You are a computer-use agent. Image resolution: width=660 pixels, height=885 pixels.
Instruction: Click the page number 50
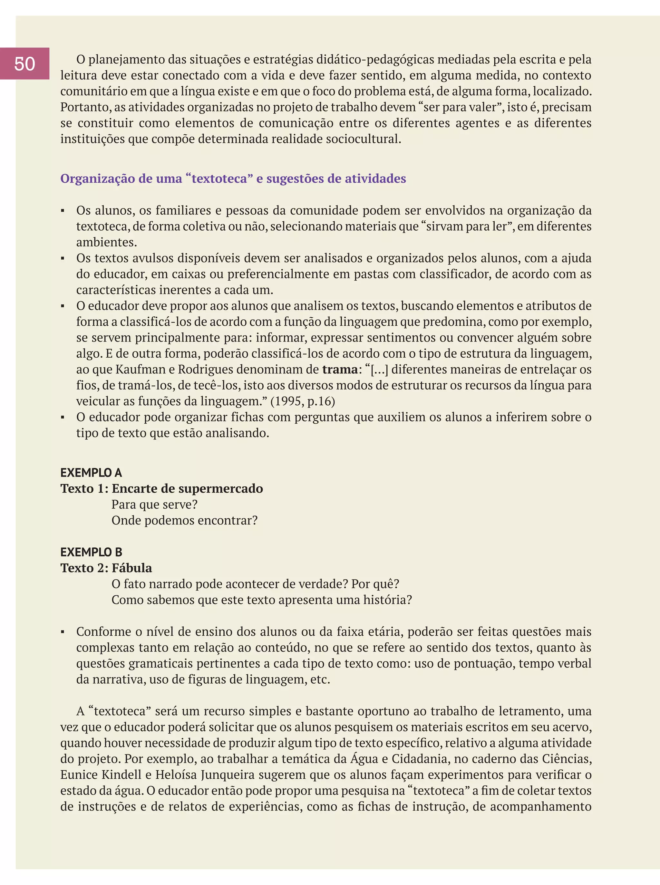pos(24,64)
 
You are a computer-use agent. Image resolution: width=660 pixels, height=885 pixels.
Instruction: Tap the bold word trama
pos(340,370)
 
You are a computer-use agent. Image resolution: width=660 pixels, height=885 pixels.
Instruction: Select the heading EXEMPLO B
pos(91,552)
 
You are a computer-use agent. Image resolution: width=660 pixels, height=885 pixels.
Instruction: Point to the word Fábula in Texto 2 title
pos(132,568)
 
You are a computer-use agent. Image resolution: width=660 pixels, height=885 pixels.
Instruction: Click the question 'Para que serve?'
pos(155,505)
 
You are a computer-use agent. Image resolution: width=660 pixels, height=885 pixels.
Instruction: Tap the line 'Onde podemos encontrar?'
pos(185,520)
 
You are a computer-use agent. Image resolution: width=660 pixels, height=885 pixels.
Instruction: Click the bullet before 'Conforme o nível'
pos(63,632)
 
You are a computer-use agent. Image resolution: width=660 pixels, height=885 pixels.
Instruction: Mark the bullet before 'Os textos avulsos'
pos(63,259)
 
